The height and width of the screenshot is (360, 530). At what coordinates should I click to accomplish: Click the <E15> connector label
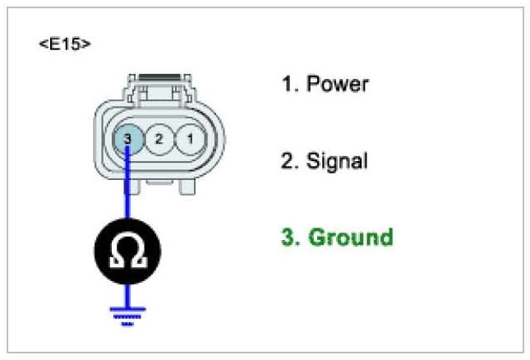pyautogui.click(x=64, y=44)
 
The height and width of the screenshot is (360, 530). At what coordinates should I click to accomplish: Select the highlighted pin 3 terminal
pyautogui.click(x=127, y=139)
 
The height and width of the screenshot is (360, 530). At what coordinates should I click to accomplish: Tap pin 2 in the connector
pyautogui.click(x=159, y=139)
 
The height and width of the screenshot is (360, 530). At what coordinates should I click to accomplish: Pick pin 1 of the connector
pyautogui.click(x=190, y=139)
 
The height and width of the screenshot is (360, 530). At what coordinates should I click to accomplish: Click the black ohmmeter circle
pyautogui.click(x=127, y=250)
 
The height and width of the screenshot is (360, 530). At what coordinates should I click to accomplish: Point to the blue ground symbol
pyautogui.click(x=127, y=315)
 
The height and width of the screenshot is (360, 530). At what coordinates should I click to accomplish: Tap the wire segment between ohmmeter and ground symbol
pyautogui.click(x=127, y=292)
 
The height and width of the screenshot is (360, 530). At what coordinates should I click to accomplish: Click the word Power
pyautogui.click(x=338, y=85)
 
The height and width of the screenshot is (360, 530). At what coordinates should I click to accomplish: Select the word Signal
pyautogui.click(x=337, y=160)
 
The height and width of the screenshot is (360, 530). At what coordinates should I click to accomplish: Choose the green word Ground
pyautogui.click(x=350, y=238)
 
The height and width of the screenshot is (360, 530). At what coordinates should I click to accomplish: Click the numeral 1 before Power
pyautogui.click(x=288, y=85)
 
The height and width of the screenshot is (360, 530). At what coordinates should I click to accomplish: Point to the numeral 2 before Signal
pyautogui.click(x=288, y=160)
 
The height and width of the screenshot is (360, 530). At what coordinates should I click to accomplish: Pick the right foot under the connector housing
pyautogui.click(x=188, y=187)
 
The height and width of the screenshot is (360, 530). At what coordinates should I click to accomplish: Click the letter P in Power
pyautogui.click(x=313, y=85)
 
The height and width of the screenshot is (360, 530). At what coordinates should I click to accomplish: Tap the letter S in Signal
pyautogui.click(x=314, y=160)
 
